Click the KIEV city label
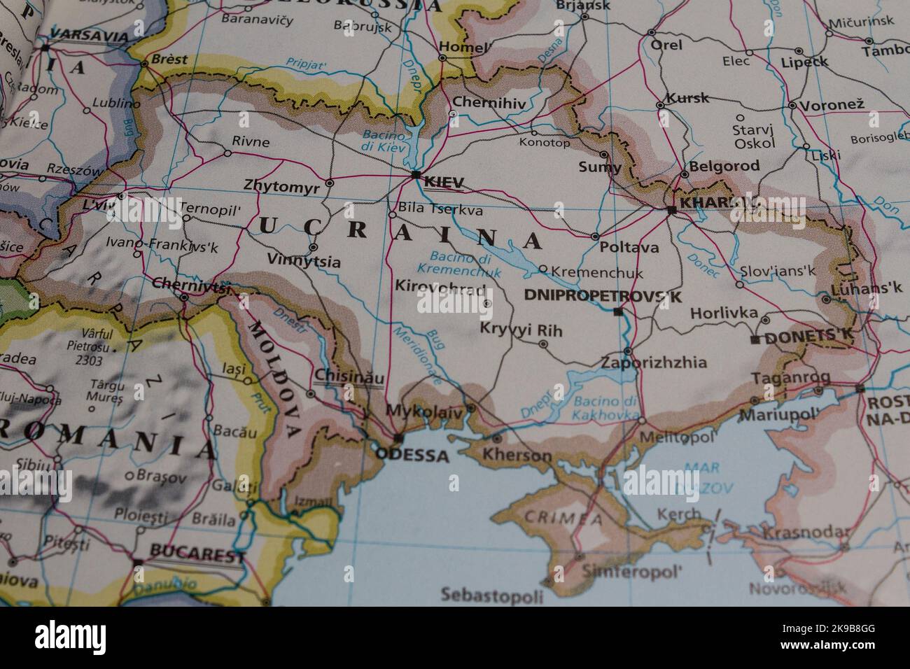pos(444,183)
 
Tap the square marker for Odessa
pos(398,439)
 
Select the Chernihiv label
pos(489,102)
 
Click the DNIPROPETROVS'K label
pos(603,297)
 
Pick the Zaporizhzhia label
pos(654,363)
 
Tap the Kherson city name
pos(517,456)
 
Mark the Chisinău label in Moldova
pos(349,376)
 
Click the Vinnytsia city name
pos(304,262)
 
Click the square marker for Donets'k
pos(754,340)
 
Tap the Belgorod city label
pos(724,167)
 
